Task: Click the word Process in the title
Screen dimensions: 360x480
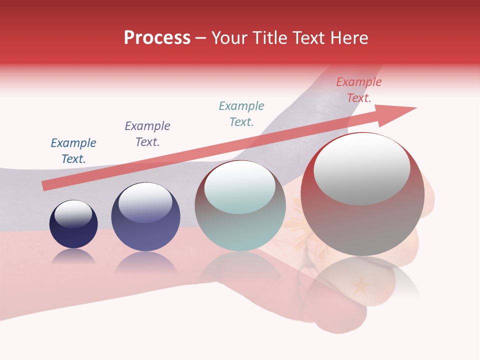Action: pyautogui.click(x=157, y=38)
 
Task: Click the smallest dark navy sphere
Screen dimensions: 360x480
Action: pyautogui.click(x=73, y=224)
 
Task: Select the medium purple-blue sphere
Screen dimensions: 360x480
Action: pyautogui.click(x=145, y=216)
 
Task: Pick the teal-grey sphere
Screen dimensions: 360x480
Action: pyautogui.click(x=240, y=206)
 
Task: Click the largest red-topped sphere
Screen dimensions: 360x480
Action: pyautogui.click(x=362, y=194)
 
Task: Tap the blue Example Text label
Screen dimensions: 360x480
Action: pyautogui.click(x=73, y=151)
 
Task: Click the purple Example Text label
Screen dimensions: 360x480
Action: pyautogui.click(x=147, y=134)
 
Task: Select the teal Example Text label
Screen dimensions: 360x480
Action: pyautogui.click(x=241, y=114)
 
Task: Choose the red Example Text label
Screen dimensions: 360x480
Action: pyautogui.click(x=359, y=90)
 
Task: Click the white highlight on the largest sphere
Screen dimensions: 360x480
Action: pyautogui.click(x=361, y=169)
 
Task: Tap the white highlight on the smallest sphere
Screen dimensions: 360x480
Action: pyautogui.click(x=73, y=214)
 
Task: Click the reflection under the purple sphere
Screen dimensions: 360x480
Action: pyautogui.click(x=145, y=262)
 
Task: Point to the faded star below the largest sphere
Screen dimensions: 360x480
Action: pyautogui.click(x=360, y=287)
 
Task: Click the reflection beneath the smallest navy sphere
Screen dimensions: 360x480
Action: pyautogui.click(x=73, y=256)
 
